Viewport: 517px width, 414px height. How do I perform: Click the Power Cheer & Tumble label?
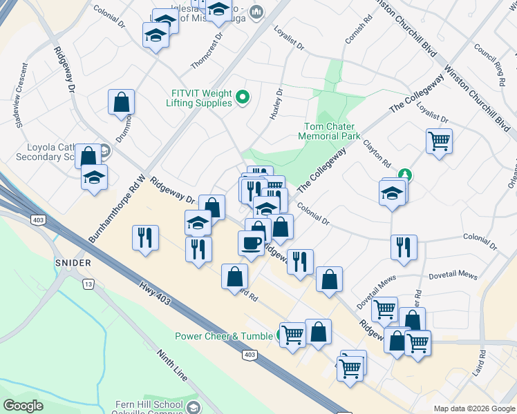(224, 337)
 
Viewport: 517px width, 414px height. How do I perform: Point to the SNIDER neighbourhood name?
(73, 263)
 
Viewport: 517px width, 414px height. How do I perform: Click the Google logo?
(23, 405)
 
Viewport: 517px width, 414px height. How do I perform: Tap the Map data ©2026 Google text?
(474, 408)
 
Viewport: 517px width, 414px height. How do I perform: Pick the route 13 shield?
(87, 284)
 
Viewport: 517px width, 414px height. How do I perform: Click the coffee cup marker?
(250, 242)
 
